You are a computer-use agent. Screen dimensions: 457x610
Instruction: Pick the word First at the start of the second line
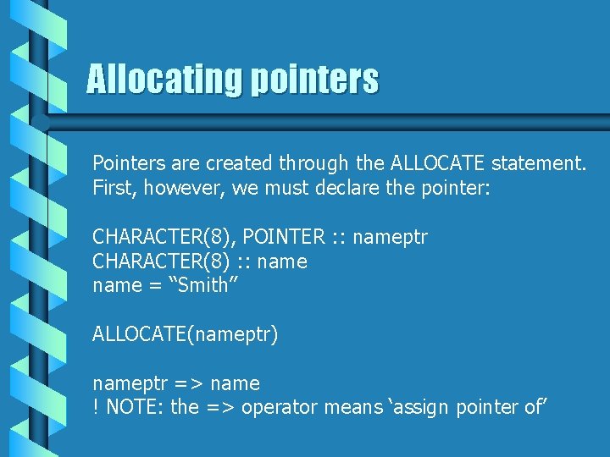113,187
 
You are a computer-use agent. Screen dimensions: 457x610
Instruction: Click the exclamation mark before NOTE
96,407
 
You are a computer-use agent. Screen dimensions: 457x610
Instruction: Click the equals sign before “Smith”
154,286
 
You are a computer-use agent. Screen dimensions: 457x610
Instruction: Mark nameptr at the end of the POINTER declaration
390,237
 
